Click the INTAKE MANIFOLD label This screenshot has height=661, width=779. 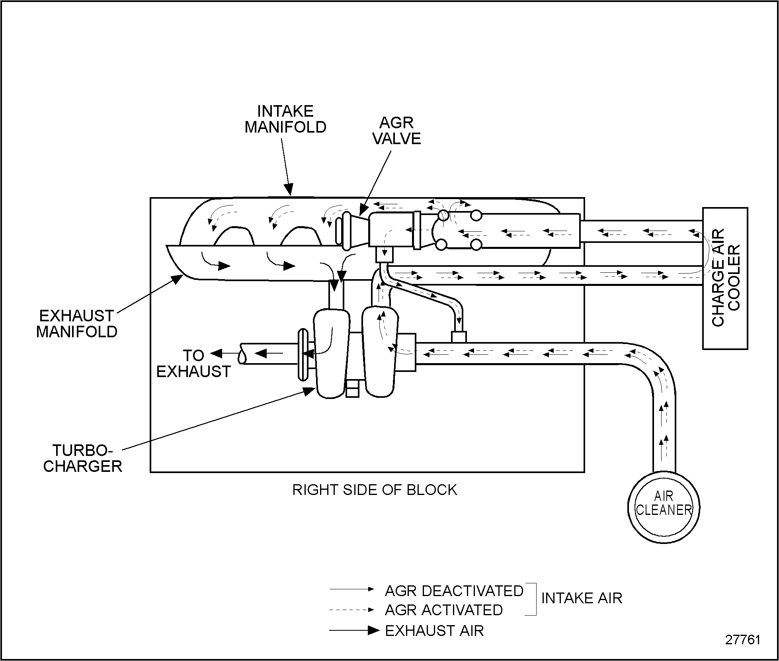pyautogui.click(x=285, y=119)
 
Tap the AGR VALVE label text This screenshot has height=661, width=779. pyautogui.click(x=396, y=131)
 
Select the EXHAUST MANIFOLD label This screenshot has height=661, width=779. pyautogui.click(x=77, y=324)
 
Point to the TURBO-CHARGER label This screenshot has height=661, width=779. pyautogui.click(x=82, y=458)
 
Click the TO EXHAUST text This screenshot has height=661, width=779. pyautogui.click(x=193, y=363)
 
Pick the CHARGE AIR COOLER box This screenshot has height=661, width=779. pyautogui.click(x=725, y=278)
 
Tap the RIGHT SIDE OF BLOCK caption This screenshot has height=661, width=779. pyautogui.click(x=375, y=490)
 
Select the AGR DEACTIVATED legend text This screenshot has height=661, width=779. pyautogui.click(x=454, y=591)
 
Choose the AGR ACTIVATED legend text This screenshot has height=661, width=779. pyautogui.click(x=444, y=610)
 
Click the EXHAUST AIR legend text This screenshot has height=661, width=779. pyautogui.click(x=434, y=631)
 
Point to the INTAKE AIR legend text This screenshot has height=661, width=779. pyautogui.click(x=582, y=598)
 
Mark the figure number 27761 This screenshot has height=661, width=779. pyautogui.click(x=743, y=639)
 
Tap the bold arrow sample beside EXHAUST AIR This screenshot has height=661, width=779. pyautogui.click(x=354, y=630)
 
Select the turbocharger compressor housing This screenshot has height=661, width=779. pyautogui.click(x=381, y=350)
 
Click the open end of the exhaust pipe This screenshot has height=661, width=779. pyautogui.click(x=242, y=354)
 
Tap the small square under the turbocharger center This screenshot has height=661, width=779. pyautogui.click(x=352, y=388)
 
